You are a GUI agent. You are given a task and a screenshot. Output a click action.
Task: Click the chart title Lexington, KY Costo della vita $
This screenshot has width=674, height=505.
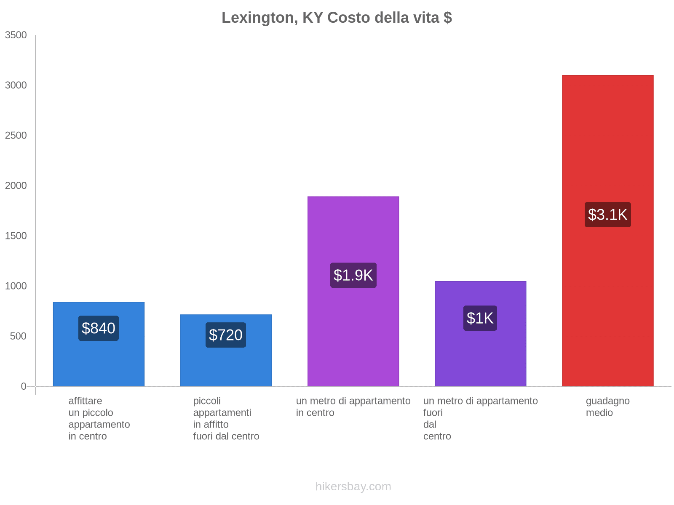tap(337, 18)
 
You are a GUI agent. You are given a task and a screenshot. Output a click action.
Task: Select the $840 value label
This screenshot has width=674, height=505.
tap(99, 328)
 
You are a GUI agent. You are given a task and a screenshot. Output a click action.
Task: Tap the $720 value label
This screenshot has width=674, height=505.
tap(226, 335)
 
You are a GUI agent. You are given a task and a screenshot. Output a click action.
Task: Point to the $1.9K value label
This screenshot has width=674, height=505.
tap(353, 275)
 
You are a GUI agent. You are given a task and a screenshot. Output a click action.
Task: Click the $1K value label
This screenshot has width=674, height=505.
tap(480, 318)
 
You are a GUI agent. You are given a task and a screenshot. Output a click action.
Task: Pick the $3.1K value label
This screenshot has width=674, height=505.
tap(607, 215)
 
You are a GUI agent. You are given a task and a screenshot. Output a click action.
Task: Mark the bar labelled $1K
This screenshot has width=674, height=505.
tap(480, 358)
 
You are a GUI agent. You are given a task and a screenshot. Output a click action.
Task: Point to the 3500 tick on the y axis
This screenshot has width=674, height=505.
tap(16, 35)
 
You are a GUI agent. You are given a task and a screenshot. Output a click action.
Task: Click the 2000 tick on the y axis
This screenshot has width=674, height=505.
tap(16, 186)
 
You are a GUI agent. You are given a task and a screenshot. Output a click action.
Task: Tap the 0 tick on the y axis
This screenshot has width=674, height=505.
tap(24, 386)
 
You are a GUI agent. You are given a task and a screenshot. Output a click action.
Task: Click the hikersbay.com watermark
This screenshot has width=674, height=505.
tap(353, 486)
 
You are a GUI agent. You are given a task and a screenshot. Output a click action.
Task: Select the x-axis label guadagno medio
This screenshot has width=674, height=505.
tap(607, 407)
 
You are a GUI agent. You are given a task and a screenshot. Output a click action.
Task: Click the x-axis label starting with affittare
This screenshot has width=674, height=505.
tap(99, 418)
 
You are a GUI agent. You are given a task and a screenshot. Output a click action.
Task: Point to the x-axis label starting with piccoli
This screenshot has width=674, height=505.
tap(226, 418)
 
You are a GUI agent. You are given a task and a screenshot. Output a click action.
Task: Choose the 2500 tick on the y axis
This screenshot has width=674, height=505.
tap(16, 136)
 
